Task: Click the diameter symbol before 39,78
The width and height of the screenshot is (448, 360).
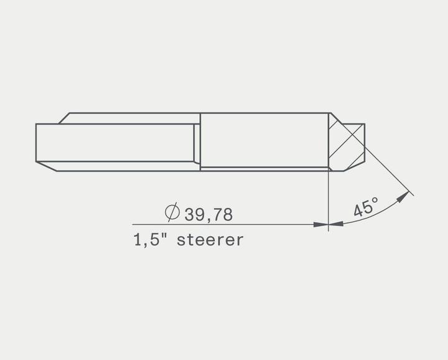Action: (173, 213)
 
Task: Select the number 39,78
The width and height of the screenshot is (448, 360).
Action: (208, 214)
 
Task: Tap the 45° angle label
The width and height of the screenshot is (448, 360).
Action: (366, 207)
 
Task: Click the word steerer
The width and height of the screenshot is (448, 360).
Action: (210, 240)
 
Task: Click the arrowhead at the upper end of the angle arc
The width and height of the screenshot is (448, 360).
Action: (404, 196)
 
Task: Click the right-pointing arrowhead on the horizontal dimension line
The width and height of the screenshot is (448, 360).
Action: (321, 224)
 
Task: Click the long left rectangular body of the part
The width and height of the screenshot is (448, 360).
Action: (115, 143)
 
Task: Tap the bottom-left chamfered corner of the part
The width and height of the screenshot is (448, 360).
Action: (47, 166)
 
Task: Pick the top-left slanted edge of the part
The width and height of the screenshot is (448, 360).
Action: (64, 118)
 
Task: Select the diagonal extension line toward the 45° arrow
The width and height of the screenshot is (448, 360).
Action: (389, 171)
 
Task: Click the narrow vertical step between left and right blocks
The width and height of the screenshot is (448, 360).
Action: (197, 143)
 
